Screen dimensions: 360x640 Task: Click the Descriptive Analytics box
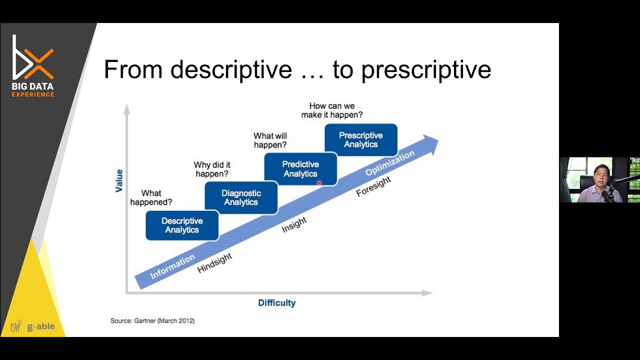pos(182,225)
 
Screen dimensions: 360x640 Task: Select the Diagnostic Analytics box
pos(241,197)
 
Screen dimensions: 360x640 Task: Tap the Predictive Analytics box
pos(300,169)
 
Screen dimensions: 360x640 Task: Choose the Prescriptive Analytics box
pos(360,140)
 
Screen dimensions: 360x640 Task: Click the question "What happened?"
pos(151,197)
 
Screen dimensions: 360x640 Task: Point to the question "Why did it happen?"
pos(212,169)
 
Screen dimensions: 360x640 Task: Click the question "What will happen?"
pos(270,140)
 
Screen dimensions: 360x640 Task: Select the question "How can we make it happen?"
pos(332,110)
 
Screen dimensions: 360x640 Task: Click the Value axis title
pos(119,180)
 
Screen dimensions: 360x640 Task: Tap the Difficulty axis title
pos(277,303)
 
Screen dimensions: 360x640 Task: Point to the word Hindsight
pos(215,263)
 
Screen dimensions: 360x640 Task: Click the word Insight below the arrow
pos(294,225)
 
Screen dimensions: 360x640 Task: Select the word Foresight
pos(373,186)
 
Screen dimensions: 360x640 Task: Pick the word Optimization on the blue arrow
pos(390,163)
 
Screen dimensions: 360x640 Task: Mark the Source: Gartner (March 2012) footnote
pos(152,320)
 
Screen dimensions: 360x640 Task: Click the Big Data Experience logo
pos(33,65)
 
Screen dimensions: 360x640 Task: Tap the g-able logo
pos(40,327)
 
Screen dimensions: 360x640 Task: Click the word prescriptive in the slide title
pos(426,69)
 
